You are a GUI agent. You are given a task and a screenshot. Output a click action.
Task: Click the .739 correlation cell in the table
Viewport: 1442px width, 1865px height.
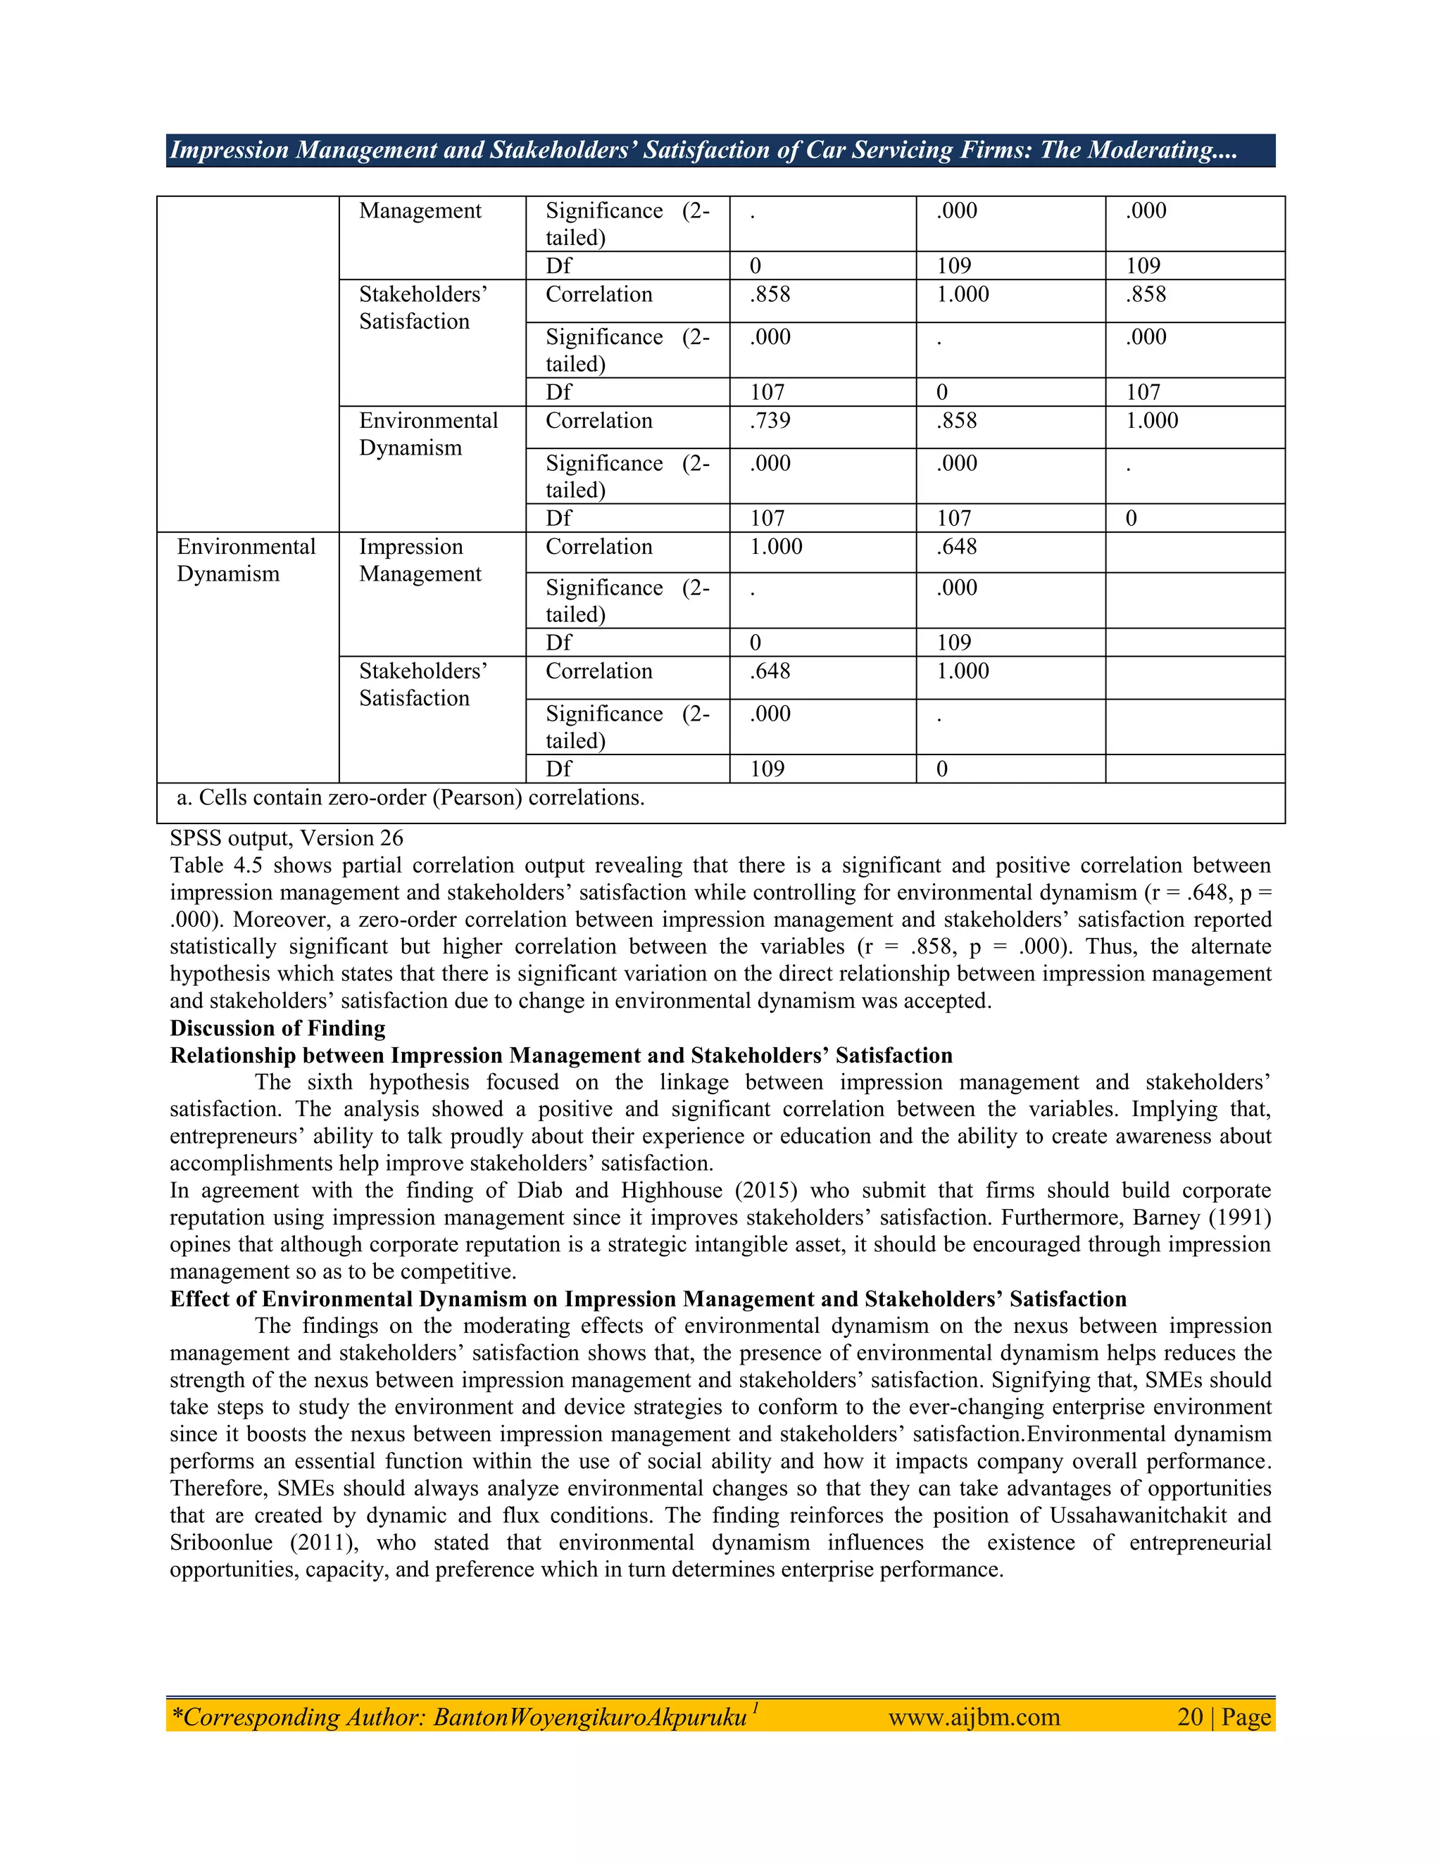770,421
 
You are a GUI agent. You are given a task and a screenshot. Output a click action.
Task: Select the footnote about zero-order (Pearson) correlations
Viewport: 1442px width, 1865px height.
410,797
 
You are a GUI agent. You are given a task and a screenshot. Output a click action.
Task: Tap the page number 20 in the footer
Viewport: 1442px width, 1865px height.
1190,1717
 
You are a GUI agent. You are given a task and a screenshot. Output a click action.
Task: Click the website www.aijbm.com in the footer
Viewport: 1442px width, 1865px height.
974,1717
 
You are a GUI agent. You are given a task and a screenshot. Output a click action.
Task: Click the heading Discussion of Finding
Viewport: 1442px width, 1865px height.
277,1028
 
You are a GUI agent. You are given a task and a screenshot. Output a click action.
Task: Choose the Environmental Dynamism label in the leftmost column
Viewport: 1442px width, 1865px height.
245,560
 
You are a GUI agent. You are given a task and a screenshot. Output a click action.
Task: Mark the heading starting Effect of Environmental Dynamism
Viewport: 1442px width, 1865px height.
648,1299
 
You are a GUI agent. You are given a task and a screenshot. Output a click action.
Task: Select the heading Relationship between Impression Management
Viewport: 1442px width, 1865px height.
560,1056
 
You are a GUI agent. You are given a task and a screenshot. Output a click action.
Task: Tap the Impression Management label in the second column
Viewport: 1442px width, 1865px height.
420,560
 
